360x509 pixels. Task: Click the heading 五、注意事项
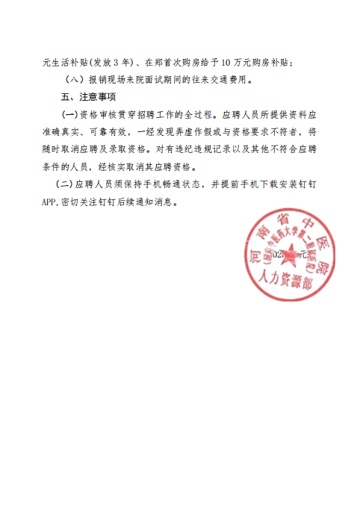[88, 98]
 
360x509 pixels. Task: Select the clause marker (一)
[69, 115]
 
